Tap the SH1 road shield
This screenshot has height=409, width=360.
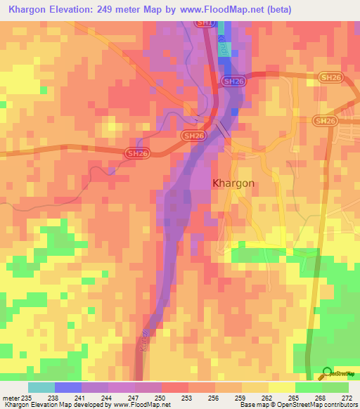pyautogui.click(x=204, y=22)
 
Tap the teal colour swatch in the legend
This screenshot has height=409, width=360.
pyautogui.click(x=41, y=387)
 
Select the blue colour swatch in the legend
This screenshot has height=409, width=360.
pyautogui.click(x=68, y=387)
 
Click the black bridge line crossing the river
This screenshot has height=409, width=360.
pyautogui.click(x=222, y=130)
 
